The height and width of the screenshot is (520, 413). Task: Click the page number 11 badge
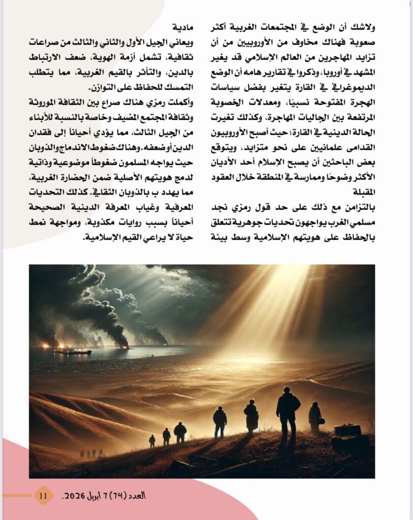coord(44,495)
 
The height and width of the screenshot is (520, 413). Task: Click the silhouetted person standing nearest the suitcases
coord(315,416)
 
